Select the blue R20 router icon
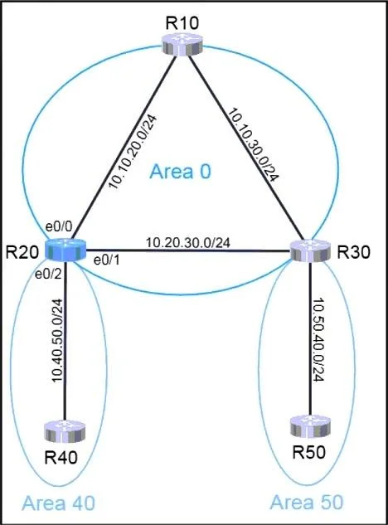click(65, 250)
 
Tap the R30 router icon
click(310, 251)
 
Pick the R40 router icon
click(65, 431)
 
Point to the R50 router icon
click(310, 426)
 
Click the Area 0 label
click(181, 172)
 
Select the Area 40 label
click(59, 503)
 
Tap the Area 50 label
click(307, 503)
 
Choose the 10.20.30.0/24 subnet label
click(188, 242)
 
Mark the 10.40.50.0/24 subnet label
click(57, 340)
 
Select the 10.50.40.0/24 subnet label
click(318, 339)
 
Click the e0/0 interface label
click(59, 226)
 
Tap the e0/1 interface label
click(107, 260)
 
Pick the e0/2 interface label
click(49, 275)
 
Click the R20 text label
click(22, 252)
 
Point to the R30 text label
click(353, 252)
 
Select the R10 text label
click(182, 22)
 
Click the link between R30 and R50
click(311, 339)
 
